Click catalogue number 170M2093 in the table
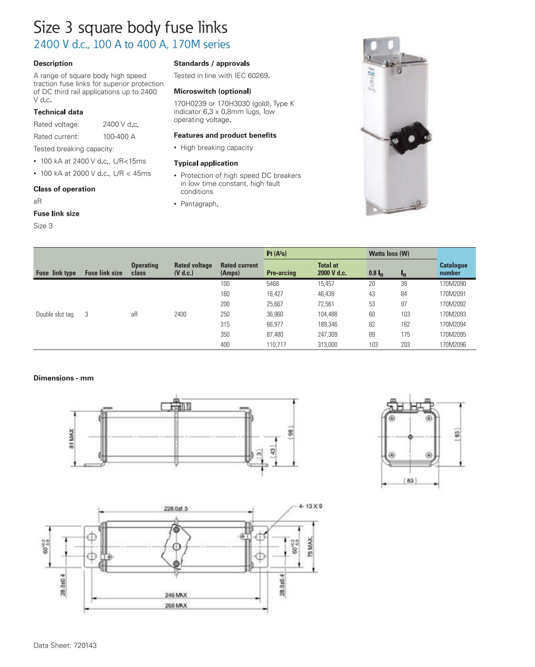[x=452, y=314]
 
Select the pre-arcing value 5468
[x=272, y=284]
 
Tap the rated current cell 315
[x=225, y=324]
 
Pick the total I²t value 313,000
[x=327, y=345]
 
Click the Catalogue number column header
[x=453, y=269]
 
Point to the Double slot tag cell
[x=55, y=314]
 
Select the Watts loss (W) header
[x=389, y=254]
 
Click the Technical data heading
[x=58, y=112]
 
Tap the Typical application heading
[x=205, y=163]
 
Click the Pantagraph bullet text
[x=199, y=204]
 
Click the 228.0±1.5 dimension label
[x=175, y=508]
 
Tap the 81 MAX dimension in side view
[x=71, y=439]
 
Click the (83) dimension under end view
[x=409, y=480]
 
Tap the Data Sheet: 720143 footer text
[x=65, y=645]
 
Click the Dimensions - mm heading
[x=63, y=378]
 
